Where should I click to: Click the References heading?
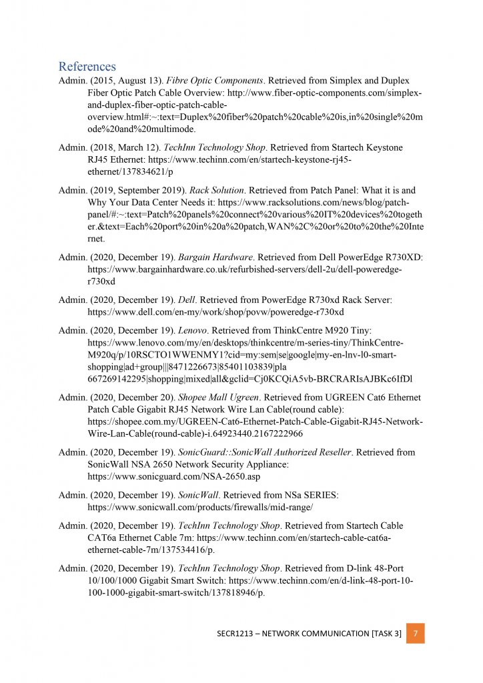[87, 67]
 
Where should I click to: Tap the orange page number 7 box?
[415, 633]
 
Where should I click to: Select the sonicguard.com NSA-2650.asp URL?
[174, 478]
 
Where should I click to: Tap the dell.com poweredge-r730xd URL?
[216, 312]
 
